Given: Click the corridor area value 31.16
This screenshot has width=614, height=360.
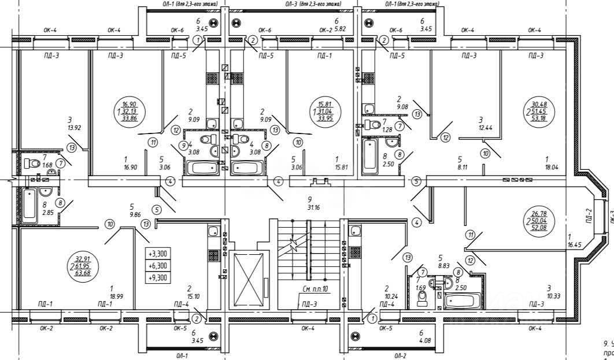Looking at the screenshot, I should [313, 206].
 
